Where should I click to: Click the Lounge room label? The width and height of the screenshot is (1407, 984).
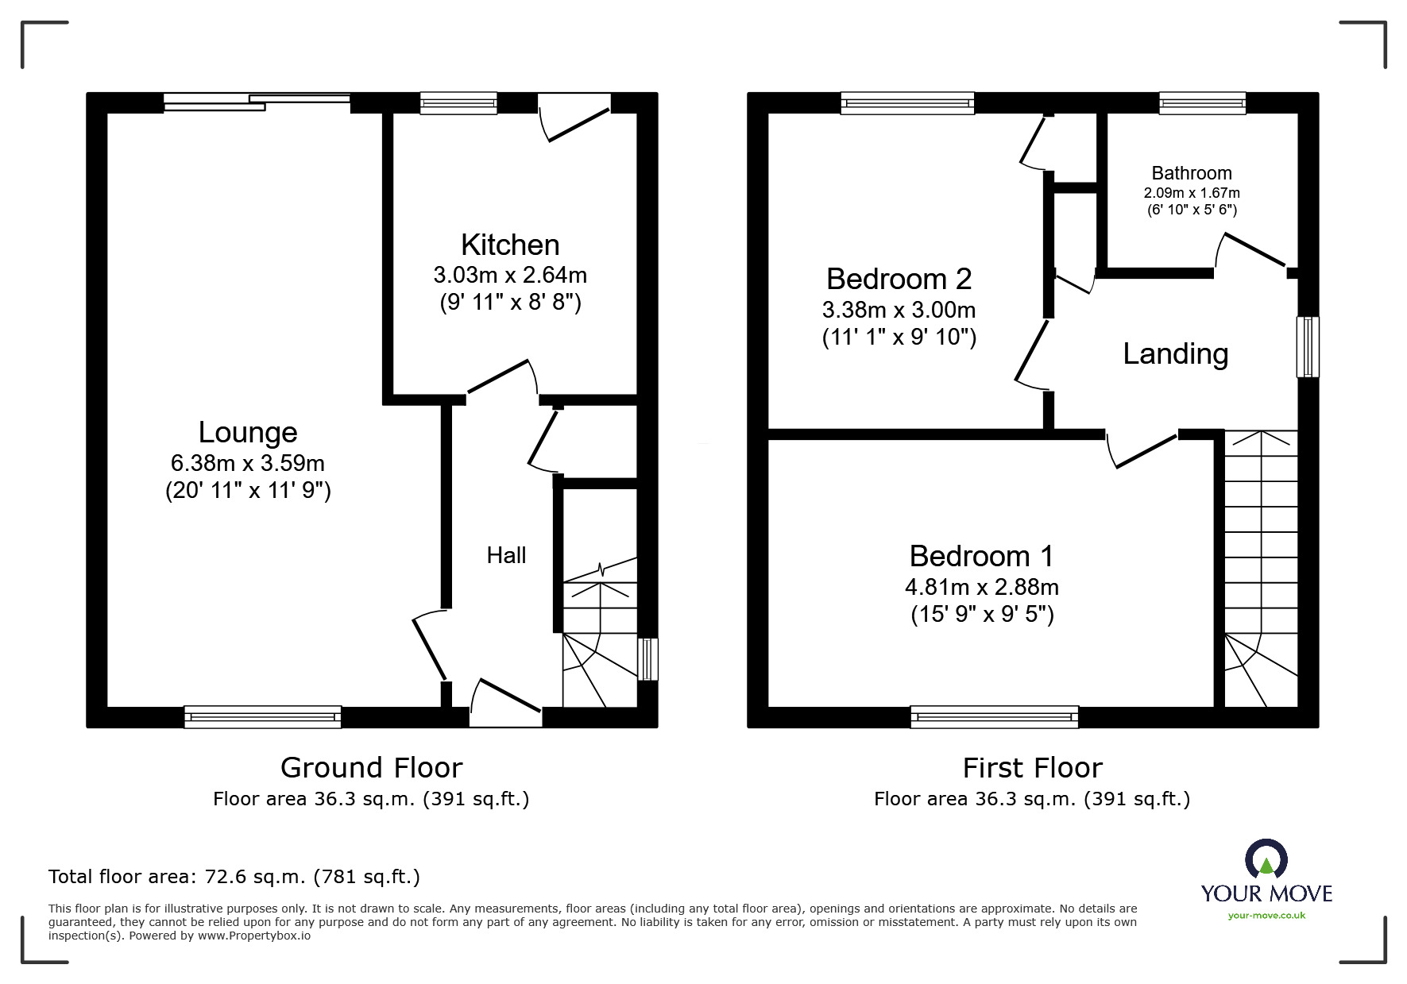[x=248, y=433]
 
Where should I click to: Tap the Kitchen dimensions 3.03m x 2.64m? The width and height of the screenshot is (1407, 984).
[x=510, y=276]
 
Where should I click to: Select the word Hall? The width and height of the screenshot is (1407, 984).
[x=506, y=555]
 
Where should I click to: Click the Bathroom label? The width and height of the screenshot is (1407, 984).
[x=1191, y=173]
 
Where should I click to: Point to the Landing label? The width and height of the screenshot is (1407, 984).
[x=1175, y=354]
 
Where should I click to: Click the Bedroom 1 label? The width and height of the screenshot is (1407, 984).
[x=981, y=556]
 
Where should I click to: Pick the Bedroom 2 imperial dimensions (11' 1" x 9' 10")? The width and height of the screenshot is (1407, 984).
[x=899, y=338]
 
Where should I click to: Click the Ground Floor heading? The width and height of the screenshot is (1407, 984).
[x=371, y=768]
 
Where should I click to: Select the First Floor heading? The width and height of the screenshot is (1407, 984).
[x=1032, y=768]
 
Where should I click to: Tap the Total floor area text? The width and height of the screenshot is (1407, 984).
[x=234, y=877]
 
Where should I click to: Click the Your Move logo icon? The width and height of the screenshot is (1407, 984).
[x=1266, y=859]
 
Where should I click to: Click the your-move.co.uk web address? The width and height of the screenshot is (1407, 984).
[x=1266, y=916]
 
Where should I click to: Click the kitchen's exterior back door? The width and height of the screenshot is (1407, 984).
[x=576, y=119]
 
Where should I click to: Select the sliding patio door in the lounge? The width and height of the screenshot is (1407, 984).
[x=257, y=102]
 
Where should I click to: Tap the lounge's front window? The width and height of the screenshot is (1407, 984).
[x=262, y=717]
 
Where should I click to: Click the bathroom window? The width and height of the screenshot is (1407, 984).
[x=1201, y=103]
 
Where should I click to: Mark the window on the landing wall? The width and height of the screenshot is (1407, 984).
[x=1308, y=346]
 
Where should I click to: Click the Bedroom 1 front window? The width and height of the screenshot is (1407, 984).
[x=994, y=717]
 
